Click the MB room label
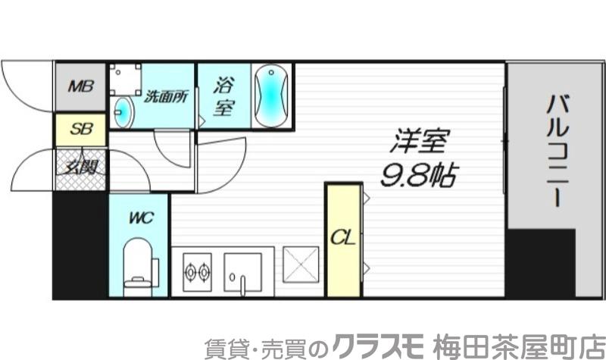[x=80, y=86]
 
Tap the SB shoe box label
[x=80, y=130]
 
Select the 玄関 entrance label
[x=80, y=166]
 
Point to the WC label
[x=140, y=218]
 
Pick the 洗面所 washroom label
[x=166, y=97]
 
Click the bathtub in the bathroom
[x=270, y=96]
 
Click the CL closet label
[x=343, y=239]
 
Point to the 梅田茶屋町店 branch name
[x=518, y=345]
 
